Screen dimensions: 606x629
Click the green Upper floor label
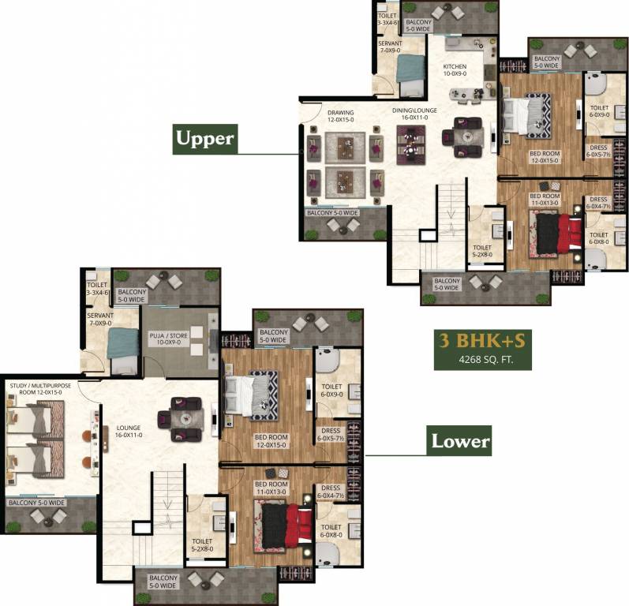[x=204, y=139]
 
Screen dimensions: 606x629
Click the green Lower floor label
[x=460, y=440]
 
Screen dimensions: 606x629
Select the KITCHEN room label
[x=455, y=70]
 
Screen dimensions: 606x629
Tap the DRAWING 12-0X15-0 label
[x=341, y=117]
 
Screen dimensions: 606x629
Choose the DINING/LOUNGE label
[x=415, y=114]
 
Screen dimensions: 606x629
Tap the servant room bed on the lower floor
[x=122, y=344]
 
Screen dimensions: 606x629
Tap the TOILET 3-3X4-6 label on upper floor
[x=387, y=19]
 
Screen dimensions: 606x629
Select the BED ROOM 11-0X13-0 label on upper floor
[x=544, y=200]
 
